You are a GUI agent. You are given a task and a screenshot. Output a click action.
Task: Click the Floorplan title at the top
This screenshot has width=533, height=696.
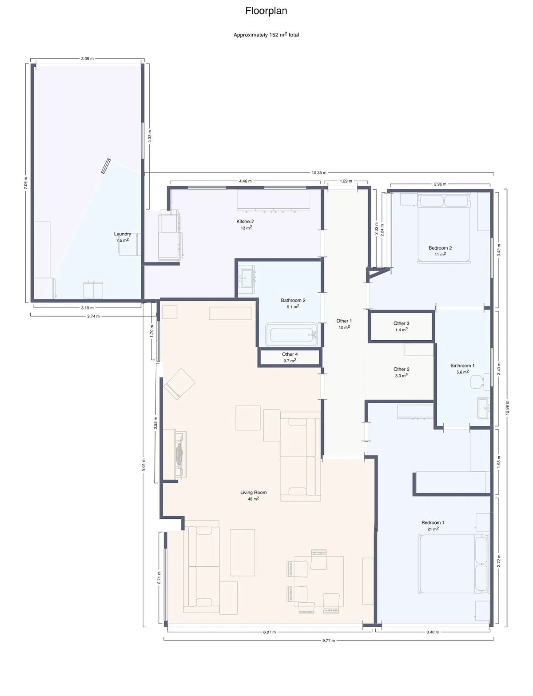click(x=266, y=11)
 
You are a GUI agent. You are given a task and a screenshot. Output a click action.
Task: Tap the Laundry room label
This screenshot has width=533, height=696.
click(x=122, y=234)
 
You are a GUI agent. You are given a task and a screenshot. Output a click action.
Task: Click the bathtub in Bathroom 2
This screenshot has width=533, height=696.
click(x=291, y=335)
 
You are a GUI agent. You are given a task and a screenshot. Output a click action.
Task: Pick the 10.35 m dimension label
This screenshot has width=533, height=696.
click(x=319, y=173)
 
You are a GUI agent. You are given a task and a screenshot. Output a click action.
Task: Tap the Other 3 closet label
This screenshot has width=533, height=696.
click(x=401, y=323)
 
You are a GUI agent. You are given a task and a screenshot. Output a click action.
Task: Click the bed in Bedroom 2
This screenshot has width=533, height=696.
click(x=444, y=228)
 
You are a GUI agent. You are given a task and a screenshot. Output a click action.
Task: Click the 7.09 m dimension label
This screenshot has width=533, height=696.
click(x=26, y=183)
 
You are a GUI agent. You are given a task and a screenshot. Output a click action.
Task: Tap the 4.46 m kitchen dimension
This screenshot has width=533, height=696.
click(x=245, y=181)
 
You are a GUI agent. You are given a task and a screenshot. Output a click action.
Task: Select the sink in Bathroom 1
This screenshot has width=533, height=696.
click(x=484, y=408)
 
